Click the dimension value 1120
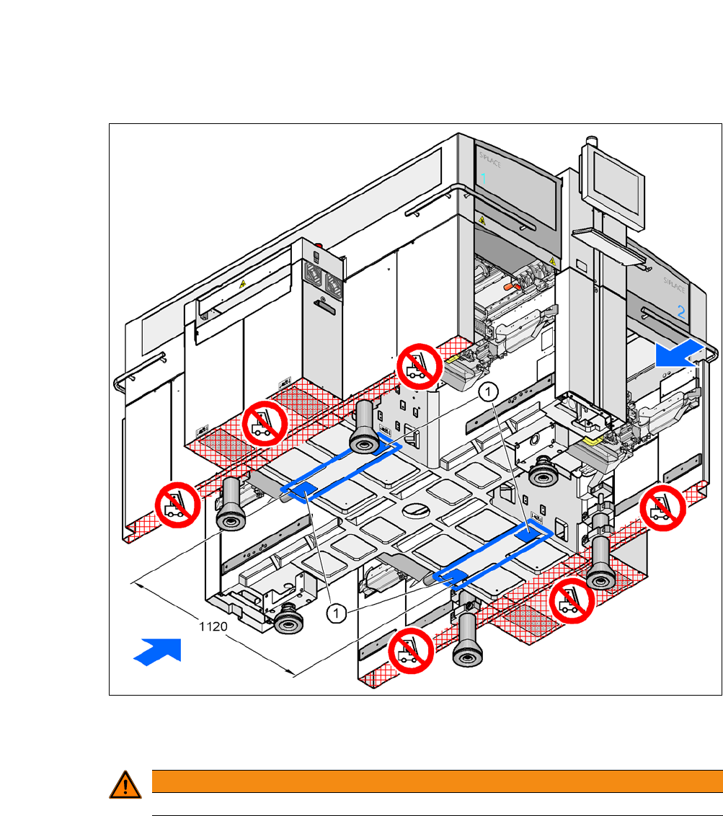[x=213, y=627]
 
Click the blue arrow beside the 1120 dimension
[x=157, y=649]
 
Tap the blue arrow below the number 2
[x=678, y=355]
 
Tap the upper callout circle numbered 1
[x=489, y=391]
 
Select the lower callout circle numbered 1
[x=335, y=613]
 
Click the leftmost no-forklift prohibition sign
[x=177, y=505]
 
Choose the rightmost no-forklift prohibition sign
[x=662, y=508]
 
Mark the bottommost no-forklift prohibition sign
[x=410, y=651]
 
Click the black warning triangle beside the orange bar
[x=125, y=784]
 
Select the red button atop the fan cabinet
[x=319, y=246]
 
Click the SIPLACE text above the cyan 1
[x=490, y=159]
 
